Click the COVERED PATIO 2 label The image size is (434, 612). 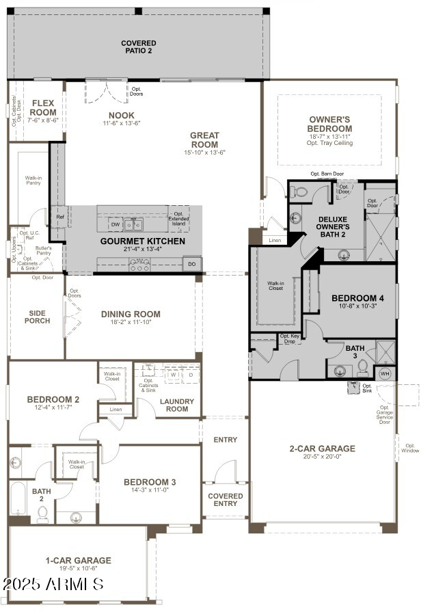point(139,46)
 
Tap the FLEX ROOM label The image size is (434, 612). point(43,108)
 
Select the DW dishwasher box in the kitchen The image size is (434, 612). point(116,224)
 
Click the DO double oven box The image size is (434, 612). point(191,264)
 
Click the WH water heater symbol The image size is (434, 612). point(385,374)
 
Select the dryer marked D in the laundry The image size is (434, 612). point(191,375)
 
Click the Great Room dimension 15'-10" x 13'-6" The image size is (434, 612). point(204,152)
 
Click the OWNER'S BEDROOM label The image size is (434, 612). point(330,124)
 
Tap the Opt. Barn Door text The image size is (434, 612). point(327,174)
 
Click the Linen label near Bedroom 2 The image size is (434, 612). point(116,410)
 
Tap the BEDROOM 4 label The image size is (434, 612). point(358,298)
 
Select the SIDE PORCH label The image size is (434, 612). point(38,317)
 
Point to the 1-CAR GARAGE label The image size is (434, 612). point(78,560)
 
